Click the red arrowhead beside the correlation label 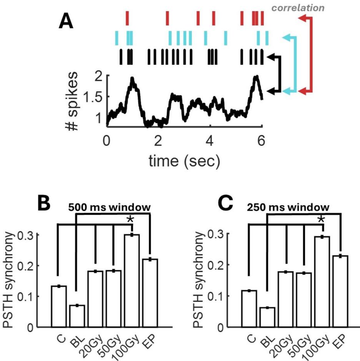click(302, 18)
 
